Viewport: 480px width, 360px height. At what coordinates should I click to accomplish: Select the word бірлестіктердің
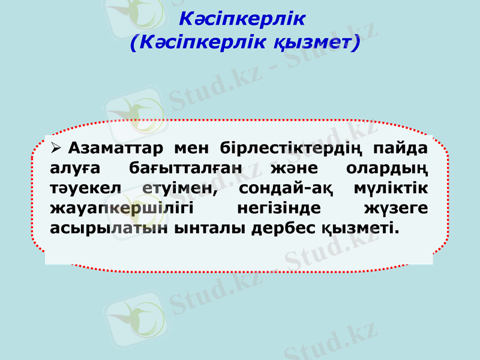point(290,147)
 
